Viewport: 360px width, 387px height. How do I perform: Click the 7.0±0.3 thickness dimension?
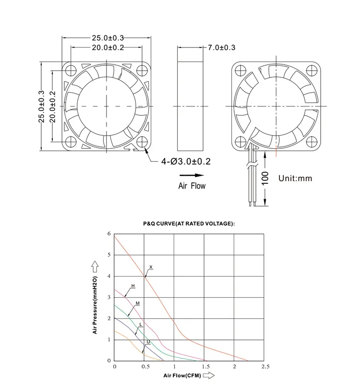click(221, 48)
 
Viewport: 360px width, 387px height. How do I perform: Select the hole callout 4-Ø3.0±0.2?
click(186, 162)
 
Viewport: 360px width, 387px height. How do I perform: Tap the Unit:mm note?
click(295, 179)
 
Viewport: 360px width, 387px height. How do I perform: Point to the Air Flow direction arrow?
click(194, 176)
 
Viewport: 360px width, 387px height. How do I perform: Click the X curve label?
click(151, 267)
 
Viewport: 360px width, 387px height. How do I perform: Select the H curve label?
click(133, 286)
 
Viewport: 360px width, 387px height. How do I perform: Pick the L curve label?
click(140, 325)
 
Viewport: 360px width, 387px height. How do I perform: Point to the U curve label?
click(148, 342)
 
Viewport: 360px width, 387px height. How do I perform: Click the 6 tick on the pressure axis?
click(109, 234)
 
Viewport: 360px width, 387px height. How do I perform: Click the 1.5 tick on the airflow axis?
click(205, 367)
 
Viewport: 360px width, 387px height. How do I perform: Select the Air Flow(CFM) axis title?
click(182, 376)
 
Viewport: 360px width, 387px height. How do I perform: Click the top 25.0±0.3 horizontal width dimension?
click(107, 37)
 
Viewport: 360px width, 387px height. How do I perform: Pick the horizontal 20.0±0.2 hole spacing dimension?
click(107, 47)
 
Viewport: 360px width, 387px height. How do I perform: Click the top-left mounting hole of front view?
click(71, 69)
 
